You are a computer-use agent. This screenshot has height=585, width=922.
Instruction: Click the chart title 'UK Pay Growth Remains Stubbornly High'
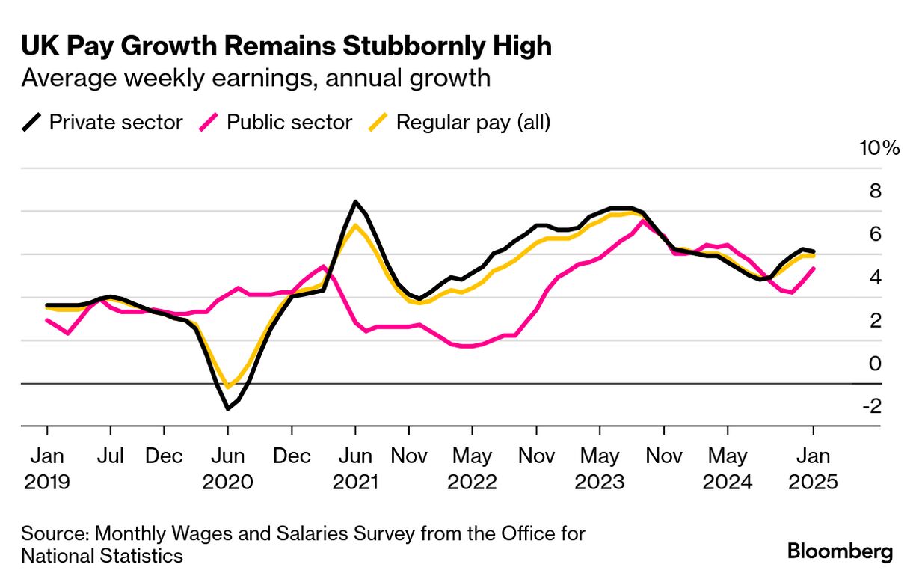pyautogui.click(x=286, y=46)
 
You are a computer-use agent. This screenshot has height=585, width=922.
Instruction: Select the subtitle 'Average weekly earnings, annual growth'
pyautogui.click(x=256, y=78)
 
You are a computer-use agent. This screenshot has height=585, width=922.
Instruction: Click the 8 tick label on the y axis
pyautogui.click(x=873, y=192)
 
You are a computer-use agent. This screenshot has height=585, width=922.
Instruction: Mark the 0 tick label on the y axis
pyautogui.click(x=873, y=364)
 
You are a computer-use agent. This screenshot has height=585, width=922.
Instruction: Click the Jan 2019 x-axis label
pyautogui.click(x=46, y=468)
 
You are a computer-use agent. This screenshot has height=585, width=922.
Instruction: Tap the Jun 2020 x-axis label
pyautogui.click(x=227, y=468)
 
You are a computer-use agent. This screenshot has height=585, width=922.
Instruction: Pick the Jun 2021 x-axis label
pyautogui.click(x=354, y=468)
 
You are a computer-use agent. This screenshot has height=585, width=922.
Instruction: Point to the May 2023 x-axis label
pyautogui.click(x=599, y=468)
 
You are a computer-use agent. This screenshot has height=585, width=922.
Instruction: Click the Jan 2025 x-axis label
pyautogui.click(x=813, y=468)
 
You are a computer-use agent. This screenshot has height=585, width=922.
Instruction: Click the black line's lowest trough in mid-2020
pyautogui.click(x=227, y=408)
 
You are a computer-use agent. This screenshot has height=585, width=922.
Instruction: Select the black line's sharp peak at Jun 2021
pyautogui.click(x=355, y=202)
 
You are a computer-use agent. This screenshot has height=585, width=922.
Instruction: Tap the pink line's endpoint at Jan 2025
pyautogui.click(x=813, y=269)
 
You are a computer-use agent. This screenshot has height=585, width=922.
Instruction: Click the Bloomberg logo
pyautogui.click(x=840, y=552)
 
